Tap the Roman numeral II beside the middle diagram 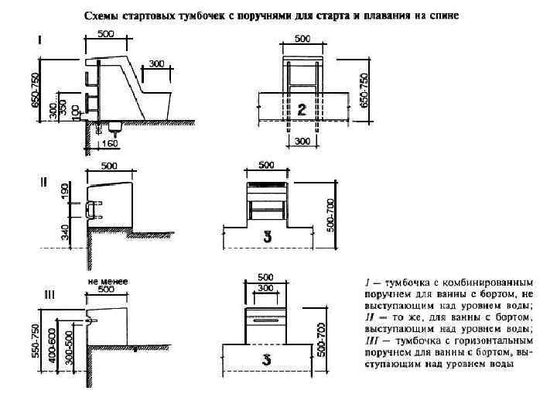pos(43,183)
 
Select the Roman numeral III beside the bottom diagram pos(48,294)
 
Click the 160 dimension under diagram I pos(109,142)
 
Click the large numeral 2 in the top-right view pos(303,110)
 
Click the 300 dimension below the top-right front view pos(302,142)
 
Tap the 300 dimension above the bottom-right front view pos(265,286)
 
